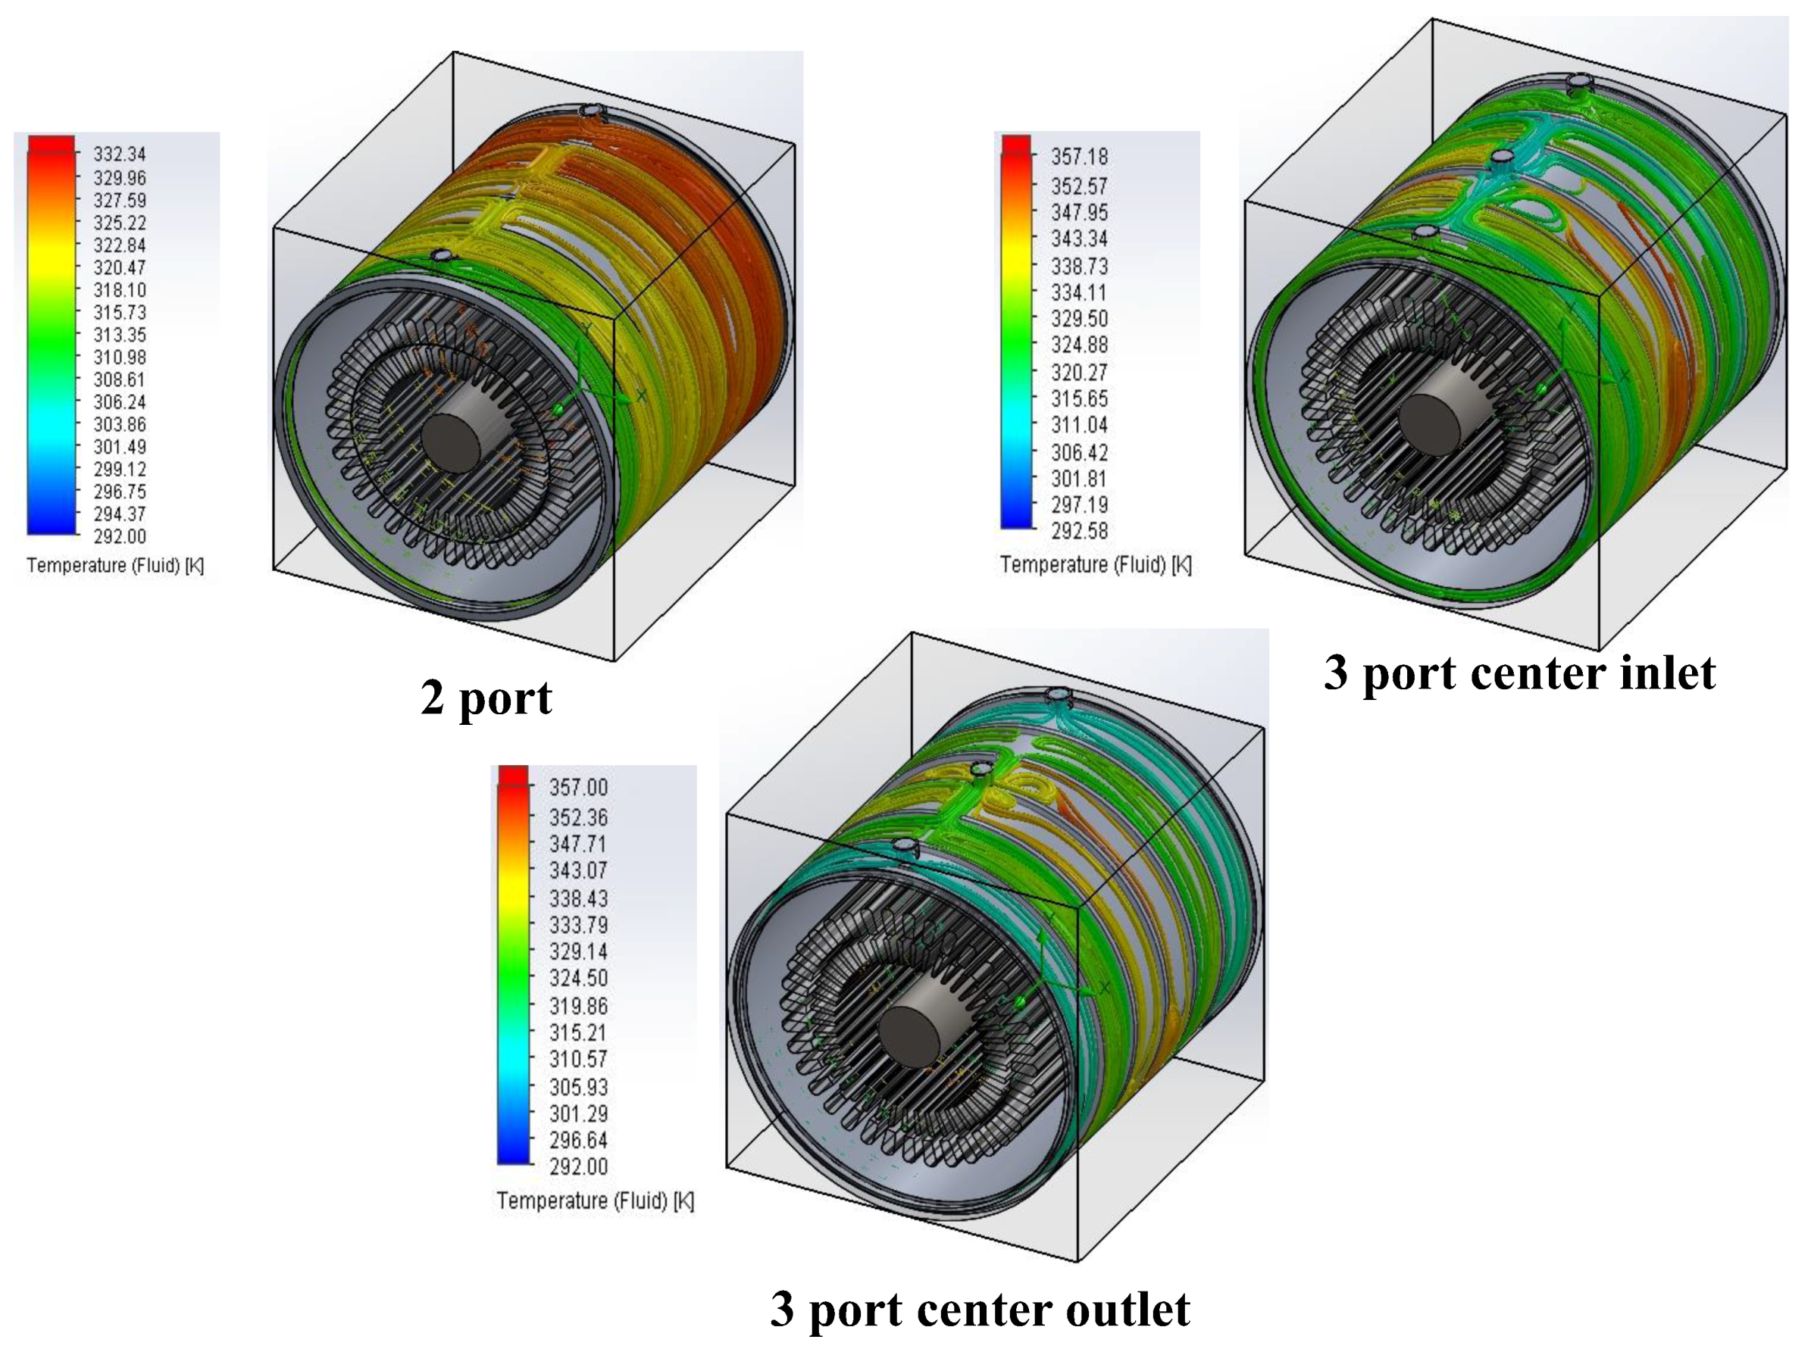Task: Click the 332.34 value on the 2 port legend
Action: (x=119, y=155)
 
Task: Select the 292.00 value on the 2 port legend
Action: (x=119, y=536)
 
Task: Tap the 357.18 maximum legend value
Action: (x=1079, y=156)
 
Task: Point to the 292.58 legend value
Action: (x=1079, y=532)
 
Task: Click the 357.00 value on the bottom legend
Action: (x=578, y=787)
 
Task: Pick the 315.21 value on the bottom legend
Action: (x=578, y=1032)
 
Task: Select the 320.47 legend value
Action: (x=119, y=268)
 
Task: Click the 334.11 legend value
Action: (x=1079, y=292)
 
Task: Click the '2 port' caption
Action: (x=486, y=698)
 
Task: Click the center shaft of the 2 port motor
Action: (x=451, y=442)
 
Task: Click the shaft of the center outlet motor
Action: (x=912, y=1035)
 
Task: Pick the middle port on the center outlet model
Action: (x=980, y=770)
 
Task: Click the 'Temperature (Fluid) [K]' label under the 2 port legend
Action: (x=115, y=565)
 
